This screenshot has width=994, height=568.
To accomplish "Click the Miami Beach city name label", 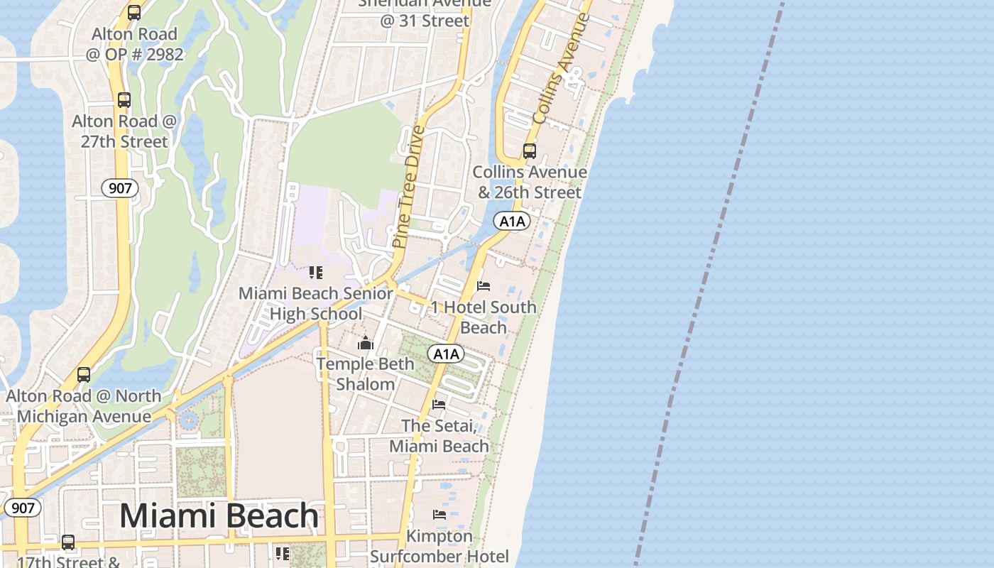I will click(219, 516).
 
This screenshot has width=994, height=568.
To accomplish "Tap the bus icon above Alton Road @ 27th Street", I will click(124, 100).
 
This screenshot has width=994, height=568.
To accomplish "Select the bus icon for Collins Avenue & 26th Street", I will click(530, 151).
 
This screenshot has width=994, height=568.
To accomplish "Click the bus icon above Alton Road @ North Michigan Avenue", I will click(84, 375).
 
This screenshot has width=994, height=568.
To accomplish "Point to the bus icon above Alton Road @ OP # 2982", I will click(134, 13).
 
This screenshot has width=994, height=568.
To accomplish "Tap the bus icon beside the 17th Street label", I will click(68, 542).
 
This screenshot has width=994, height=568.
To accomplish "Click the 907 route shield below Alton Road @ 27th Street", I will click(120, 188).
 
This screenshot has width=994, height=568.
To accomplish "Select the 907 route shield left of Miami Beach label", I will click(23, 508).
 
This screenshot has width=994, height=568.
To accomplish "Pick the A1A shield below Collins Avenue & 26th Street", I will click(513, 222).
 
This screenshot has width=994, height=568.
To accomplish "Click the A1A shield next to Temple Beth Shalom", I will click(446, 354).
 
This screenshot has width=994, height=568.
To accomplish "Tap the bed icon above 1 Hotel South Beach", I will click(484, 286).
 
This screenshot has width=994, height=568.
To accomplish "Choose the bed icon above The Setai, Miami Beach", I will click(439, 405).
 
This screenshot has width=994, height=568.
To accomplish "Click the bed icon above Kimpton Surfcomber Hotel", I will click(439, 514).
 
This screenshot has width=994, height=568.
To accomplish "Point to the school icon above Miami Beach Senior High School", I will click(316, 273).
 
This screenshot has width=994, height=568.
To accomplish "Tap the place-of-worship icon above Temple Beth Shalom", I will click(366, 344).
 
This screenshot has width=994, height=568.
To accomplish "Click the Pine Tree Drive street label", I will click(409, 186).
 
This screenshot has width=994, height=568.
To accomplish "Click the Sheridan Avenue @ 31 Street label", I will click(425, 12).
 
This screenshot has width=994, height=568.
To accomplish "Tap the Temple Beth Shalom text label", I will click(366, 374).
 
